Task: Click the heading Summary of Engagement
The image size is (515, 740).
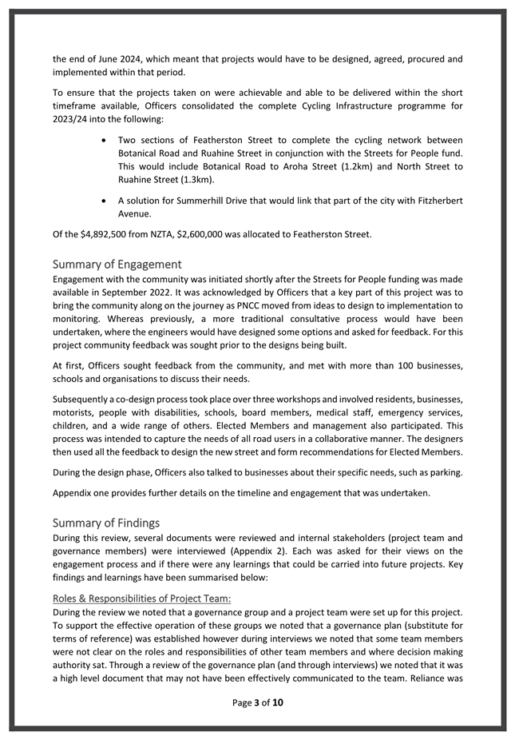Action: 117,265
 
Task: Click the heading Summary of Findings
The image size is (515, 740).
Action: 106,523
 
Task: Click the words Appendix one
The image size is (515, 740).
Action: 83,492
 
